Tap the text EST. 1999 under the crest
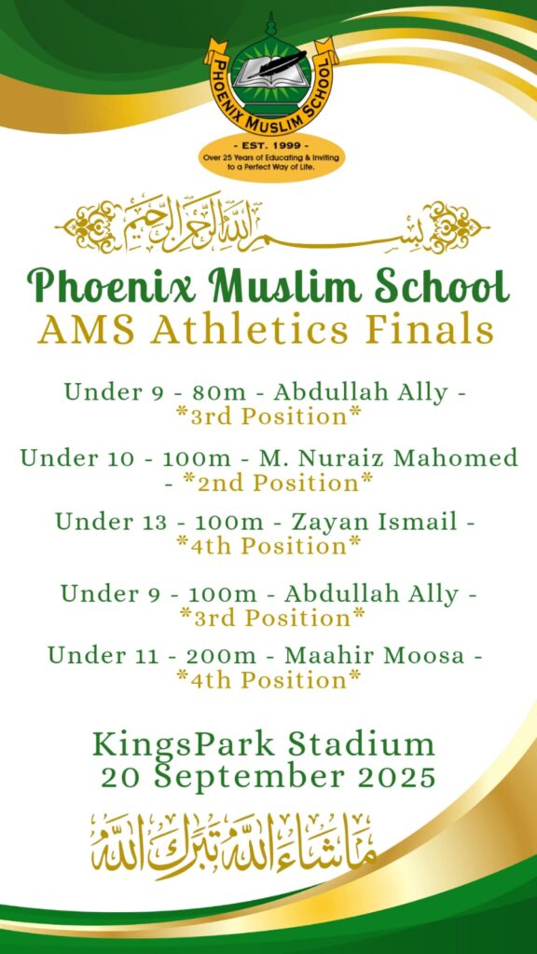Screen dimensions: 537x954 pos(271,146)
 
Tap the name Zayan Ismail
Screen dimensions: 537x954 pos(375,522)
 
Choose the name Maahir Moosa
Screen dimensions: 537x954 pos(375,655)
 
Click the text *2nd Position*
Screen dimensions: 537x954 pos(278,483)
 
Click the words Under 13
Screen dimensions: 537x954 pos(111,522)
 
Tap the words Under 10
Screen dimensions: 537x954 pos(76,457)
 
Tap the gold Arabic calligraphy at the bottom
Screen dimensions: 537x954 pos(233,846)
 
